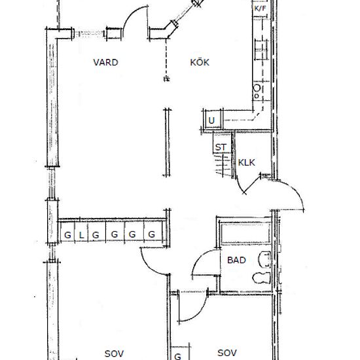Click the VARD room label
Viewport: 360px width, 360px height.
point(105,62)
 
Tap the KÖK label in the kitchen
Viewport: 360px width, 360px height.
point(200,62)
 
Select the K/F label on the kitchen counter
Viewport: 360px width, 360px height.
point(260,9)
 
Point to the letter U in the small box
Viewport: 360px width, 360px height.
point(211,120)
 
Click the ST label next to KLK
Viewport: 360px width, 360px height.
point(221,147)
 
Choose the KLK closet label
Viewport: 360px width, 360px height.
point(246,162)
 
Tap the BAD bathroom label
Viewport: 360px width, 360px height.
point(236,260)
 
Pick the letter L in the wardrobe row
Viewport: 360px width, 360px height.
point(81,235)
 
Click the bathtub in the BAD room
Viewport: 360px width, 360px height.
point(245,233)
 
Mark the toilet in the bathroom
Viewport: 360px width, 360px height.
point(262,278)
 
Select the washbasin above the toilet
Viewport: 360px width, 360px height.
point(264,259)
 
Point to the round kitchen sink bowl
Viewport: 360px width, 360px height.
point(257,88)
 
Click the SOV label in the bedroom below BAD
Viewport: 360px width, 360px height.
point(227,353)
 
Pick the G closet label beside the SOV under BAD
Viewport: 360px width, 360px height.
point(177,356)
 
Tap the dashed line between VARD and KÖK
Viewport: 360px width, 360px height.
point(166,60)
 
